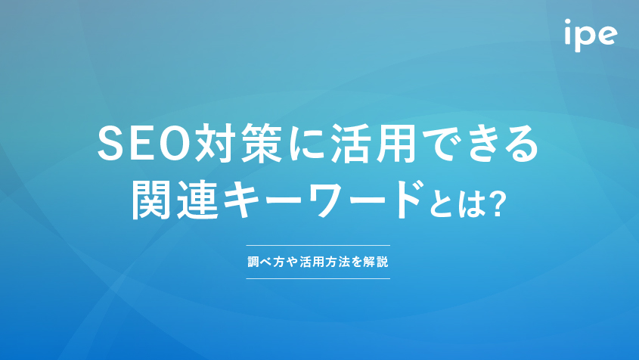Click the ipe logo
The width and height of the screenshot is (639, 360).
pyautogui.click(x=591, y=35)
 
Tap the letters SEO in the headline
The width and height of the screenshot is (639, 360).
pyautogui.click(x=144, y=144)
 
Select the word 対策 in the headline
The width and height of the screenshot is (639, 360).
pyautogui.click(x=239, y=144)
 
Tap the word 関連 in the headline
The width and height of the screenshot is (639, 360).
pyautogui.click(x=175, y=200)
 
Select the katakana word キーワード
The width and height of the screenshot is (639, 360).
pyautogui.click(x=322, y=200)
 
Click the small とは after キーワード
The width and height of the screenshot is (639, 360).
pyautogui.click(x=458, y=204)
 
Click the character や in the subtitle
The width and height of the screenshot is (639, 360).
pyautogui.click(x=292, y=262)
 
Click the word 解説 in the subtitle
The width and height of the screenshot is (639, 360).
pyautogui.click(x=376, y=262)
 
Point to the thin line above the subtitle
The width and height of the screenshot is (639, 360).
pyautogui.click(x=318, y=246)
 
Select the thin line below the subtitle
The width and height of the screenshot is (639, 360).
pyautogui.click(x=318, y=278)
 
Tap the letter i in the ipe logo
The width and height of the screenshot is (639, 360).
pyautogui.click(x=569, y=32)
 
